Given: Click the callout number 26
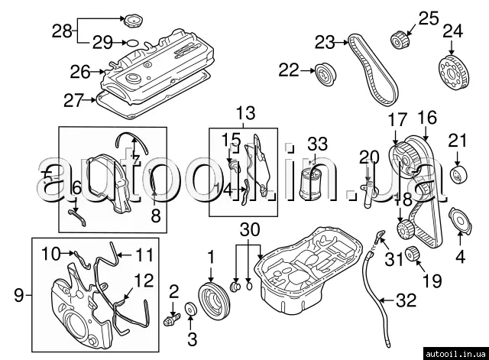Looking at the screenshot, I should tap(80, 73).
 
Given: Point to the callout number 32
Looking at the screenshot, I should tap(405, 300).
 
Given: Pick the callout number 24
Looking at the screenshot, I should tap(452, 31).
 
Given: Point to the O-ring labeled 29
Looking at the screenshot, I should tap(131, 43).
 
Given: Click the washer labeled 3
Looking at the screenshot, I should tap(191, 310).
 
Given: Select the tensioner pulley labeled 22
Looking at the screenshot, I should tap(326, 73).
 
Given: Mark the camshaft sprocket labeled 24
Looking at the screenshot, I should tap(452, 74).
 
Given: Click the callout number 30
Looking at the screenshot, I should tap(248, 229).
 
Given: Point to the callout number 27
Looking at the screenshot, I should tap(73, 99).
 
